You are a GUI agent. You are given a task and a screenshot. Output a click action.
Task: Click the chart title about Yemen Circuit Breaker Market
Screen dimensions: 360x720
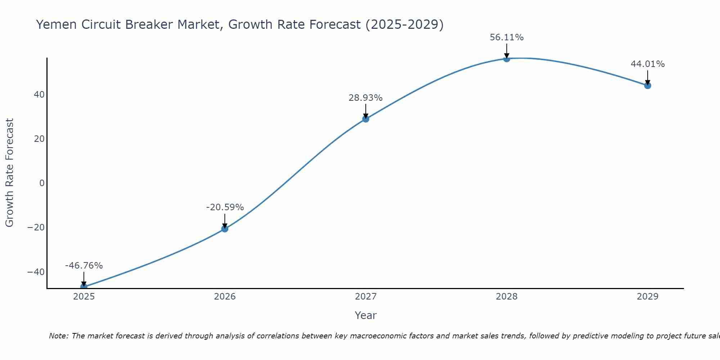pyautogui.click(x=240, y=24)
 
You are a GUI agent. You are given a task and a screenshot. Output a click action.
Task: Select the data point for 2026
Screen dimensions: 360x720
pyautogui.click(x=225, y=229)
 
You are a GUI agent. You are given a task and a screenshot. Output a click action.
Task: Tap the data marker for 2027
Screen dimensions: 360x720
pyautogui.click(x=366, y=119)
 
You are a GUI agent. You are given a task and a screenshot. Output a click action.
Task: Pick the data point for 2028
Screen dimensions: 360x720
pyautogui.click(x=507, y=59)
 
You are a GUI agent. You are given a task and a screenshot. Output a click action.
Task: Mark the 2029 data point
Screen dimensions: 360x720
pyautogui.click(x=648, y=85)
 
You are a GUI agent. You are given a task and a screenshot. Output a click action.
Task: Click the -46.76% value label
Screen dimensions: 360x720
pyautogui.click(x=84, y=266)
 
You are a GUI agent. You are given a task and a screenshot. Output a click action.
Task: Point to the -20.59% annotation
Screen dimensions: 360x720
pyautogui.click(x=225, y=207)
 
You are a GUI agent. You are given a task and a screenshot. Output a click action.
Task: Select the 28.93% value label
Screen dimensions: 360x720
pyautogui.click(x=365, y=98)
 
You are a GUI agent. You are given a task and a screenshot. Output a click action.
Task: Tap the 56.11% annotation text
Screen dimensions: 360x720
pyautogui.click(x=507, y=37)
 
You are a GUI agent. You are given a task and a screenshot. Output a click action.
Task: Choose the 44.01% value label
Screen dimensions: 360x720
pyautogui.click(x=648, y=64)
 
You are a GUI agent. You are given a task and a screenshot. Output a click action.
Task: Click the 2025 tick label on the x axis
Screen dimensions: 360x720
pyautogui.click(x=84, y=297)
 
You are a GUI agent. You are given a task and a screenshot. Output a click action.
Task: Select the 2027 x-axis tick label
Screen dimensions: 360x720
pyautogui.click(x=366, y=297)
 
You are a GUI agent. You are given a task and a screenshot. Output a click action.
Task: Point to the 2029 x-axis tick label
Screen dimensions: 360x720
pyautogui.click(x=648, y=297)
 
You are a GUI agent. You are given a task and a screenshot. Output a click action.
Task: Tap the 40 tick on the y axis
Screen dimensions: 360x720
pyautogui.click(x=39, y=95)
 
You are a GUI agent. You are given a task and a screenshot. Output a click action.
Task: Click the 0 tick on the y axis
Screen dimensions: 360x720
pyautogui.click(x=42, y=183)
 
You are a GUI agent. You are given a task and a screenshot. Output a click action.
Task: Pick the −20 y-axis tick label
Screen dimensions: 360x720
pyautogui.click(x=36, y=228)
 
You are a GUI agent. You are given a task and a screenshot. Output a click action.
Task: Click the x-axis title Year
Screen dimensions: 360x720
pyautogui.click(x=366, y=315)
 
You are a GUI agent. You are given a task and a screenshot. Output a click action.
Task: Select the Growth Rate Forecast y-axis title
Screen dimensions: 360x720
pyautogui.click(x=9, y=173)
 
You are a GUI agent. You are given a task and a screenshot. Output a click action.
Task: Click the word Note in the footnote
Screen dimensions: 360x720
pyautogui.click(x=58, y=336)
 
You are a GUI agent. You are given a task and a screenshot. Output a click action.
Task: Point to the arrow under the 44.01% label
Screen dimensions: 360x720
pyautogui.click(x=648, y=77)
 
